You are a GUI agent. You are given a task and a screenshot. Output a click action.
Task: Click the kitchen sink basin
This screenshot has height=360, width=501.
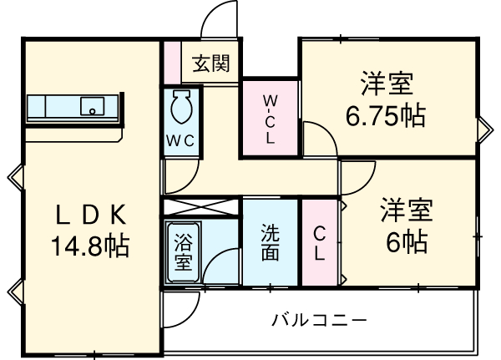(91, 106)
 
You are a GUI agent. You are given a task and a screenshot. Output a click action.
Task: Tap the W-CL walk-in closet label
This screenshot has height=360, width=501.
(271, 119)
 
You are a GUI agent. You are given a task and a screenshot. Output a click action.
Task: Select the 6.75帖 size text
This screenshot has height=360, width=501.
(386, 115)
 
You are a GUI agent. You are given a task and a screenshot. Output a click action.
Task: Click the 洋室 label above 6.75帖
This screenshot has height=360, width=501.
(386, 84)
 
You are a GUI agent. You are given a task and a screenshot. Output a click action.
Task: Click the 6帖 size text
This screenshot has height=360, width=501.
(407, 241)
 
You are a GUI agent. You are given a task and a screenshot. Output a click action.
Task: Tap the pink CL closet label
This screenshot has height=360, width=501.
(320, 244)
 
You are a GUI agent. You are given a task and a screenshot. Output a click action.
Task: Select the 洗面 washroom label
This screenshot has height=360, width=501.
(270, 242)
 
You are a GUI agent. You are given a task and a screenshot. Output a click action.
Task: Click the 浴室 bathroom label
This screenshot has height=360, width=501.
(183, 255)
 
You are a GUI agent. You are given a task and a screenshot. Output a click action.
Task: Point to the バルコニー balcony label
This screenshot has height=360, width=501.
(320, 319)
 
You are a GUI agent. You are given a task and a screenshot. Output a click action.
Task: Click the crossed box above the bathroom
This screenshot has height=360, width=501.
(201, 208)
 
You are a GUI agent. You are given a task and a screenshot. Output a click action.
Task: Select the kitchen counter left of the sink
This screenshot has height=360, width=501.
(50, 106)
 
